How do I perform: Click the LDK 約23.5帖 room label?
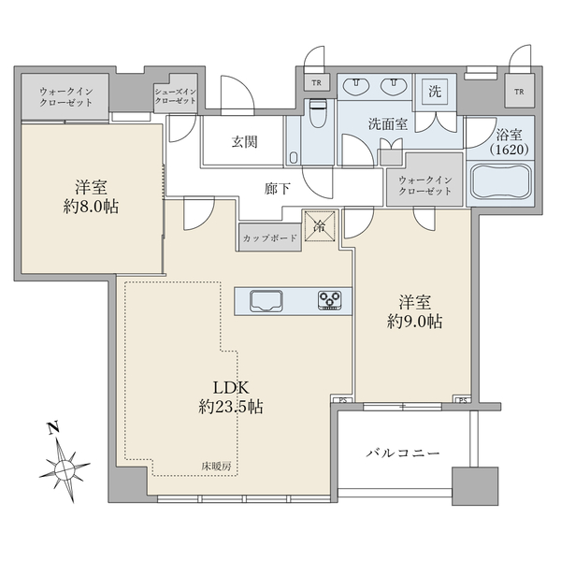pos(231,397)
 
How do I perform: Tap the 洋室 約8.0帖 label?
pos(91,196)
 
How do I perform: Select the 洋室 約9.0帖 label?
pos(414,311)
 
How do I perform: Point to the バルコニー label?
pos(403,453)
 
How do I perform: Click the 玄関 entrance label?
pos(244,142)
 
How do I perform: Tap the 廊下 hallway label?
pos(278,189)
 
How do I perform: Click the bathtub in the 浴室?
pos(501,181)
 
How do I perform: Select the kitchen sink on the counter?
pos(266,301)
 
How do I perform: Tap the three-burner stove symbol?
pos(329,300)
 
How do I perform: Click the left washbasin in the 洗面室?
pos(356,86)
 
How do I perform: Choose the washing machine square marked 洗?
pos(435,92)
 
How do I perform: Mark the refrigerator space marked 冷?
pos(320,226)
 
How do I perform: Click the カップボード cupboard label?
pos(270,237)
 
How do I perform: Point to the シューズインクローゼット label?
pos(176,96)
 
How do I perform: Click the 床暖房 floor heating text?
pos(216,467)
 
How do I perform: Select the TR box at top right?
pos(519,92)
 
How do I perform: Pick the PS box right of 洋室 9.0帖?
pos(462,401)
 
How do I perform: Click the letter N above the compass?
pos(54,428)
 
